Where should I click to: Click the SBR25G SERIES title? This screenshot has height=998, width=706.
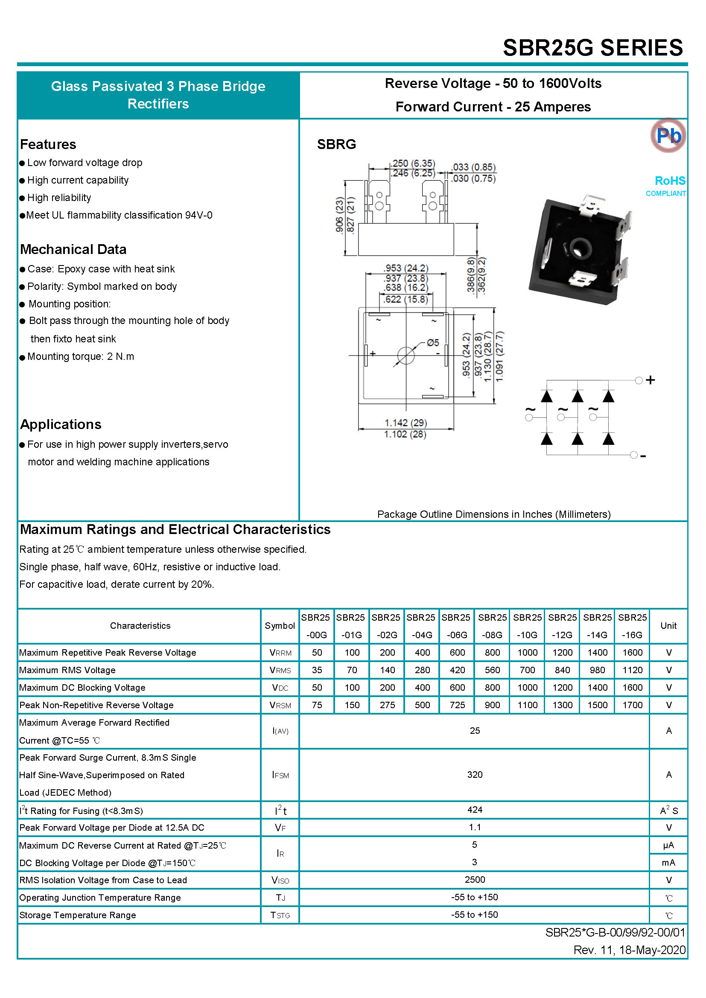[x=592, y=47]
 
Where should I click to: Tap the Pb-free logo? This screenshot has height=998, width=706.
[x=668, y=136]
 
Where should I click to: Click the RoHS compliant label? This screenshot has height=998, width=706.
[x=665, y=186]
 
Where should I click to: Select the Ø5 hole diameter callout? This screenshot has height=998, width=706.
[x=432, y=342]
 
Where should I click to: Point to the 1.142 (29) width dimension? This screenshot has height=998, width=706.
[x=406, y=423]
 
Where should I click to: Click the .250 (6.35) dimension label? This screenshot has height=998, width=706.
[x=414, y=163]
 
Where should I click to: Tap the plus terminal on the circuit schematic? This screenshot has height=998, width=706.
[x=639, y=380]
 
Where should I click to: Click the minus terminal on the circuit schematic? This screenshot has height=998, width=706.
[x=634, y=455]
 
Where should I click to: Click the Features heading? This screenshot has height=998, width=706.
[x=48, y=144]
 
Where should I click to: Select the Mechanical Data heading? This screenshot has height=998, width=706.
[x=73, y=249]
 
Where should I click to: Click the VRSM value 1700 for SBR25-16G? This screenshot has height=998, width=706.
[x=632, y=705]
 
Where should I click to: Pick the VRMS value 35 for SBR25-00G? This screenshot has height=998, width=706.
[x=317, y=670]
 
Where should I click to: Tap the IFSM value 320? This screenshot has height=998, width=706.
[x=475, y=774]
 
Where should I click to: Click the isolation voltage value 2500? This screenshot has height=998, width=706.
[x=475, y=879]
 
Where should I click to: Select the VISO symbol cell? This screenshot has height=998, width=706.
[x=280, y=880]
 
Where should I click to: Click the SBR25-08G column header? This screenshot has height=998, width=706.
[x=492, y=626]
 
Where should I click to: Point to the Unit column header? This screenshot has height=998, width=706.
[x=668, y=625]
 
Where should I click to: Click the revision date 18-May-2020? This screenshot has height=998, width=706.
[x=652, y=950]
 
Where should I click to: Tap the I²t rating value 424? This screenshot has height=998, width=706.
[x=475, y=809]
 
